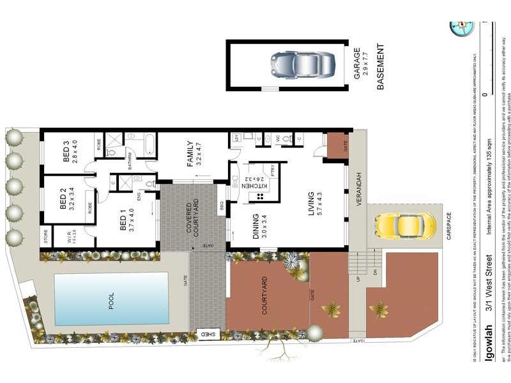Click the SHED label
click(x=208, y=334)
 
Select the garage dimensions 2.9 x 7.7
click(x=365, y=66)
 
